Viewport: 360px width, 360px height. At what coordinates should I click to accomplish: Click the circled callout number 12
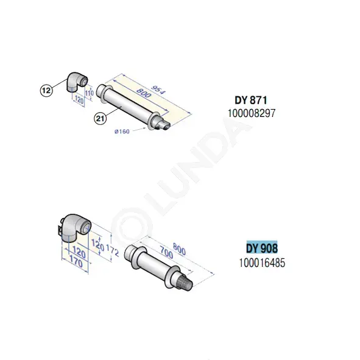[x=46, y=90]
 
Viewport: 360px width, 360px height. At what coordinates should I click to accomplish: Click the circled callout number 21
[x=101, y=119]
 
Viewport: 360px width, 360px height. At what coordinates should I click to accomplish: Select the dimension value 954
[x=158, y=90]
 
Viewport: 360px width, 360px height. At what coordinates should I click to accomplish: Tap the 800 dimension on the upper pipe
[x=144, y=93]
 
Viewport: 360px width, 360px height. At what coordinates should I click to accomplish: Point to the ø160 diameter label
[x=122, y=132]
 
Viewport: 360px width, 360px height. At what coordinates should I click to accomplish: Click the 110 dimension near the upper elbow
[x=90, y=93]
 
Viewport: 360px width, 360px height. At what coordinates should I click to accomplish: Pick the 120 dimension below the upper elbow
[x=79, y=100]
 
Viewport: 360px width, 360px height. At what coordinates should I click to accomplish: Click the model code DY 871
[x=251, y=101]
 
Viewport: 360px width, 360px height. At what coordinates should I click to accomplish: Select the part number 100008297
[x=252, y=113]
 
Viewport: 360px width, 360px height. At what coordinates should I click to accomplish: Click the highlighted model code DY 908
[x=262, y=248]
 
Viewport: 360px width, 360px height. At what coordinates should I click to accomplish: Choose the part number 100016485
[x=262, y=263]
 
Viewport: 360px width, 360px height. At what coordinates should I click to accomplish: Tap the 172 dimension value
[x=113, y=250]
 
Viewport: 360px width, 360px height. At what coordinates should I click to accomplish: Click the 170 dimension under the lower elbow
[x=76, y=261]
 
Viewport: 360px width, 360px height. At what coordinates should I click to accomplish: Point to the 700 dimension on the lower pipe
[x=166, y=252]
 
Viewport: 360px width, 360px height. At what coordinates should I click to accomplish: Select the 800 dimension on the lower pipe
[x=179, y=249]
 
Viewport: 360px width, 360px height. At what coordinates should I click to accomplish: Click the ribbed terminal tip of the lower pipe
[x=184, y=282]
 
